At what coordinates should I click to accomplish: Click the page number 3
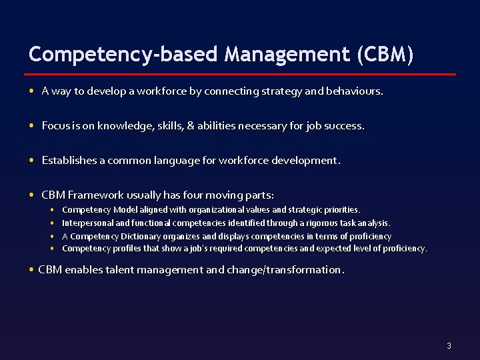point(449,345)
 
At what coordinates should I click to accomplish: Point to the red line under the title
point(242,73)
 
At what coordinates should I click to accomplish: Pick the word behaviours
point(354,91)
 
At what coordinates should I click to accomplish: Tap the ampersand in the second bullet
point(191,126)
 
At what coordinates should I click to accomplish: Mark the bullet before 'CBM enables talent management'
point(32,270)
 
